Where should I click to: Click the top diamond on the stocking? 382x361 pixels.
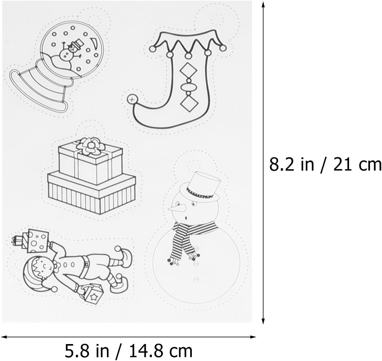188,70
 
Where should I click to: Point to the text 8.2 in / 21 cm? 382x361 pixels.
325,165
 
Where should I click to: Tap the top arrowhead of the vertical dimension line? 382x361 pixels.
263,4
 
